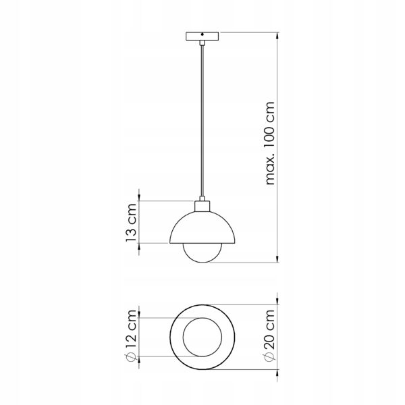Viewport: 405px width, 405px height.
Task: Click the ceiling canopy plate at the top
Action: pyautogui.click(x=202, y=36)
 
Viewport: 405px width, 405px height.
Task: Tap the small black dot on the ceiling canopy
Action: pyautogui.click(x=202, y=34)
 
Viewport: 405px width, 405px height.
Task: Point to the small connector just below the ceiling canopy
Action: pyautogui.click(x=202, y=43)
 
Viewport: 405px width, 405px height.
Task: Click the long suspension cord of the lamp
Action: pyautogui.click(x=202, y=121)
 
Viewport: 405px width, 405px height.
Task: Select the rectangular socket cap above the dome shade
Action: pyautogui.click(x=202, y=206)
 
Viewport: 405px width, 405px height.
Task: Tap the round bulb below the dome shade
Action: pyautogui.click(x=202, y=253)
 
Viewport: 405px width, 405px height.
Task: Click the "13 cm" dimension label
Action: pyautogui.click(x=131, y=222)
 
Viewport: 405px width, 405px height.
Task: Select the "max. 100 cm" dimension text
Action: pyautogui.click(x=270, y=143)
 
